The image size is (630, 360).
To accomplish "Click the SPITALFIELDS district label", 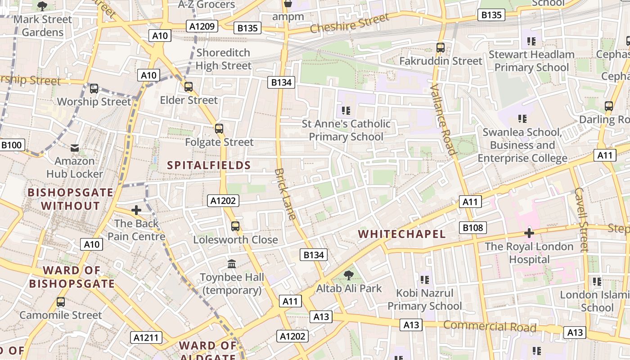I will pyautogui.click(x=209, y=165).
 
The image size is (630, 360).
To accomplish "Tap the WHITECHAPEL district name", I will pyautogui.click(x=402, y=234).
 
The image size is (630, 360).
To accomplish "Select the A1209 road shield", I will pyautogui.click(x=202, y=27).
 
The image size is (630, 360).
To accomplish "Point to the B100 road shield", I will pyautogui.click(x=12, y=145).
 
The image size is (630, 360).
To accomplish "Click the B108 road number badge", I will pyautogui.click(x=473, y=228).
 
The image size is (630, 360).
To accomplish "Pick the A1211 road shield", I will pyautogui.click(x=146, y=337).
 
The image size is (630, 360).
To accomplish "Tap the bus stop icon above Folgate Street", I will pyautogui.click(x=219, y=129).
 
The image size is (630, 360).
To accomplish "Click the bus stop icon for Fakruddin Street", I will pyautogui.click(x=441, y=47).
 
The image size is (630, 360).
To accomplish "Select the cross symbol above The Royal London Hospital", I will pyautogui.click(x=529, y=233).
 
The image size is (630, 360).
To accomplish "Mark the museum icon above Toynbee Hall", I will pyautogui.click(x=232, y=264).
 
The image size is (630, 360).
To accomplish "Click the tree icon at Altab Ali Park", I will pyautogui.click(x=348, y=275).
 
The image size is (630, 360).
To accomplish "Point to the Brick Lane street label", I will pyautogui.click(x=285, y=194).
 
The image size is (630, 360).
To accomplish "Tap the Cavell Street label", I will pyautogui.click(x=581, y=219).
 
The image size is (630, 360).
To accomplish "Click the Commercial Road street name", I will pyautogui.click(x=490, y=326).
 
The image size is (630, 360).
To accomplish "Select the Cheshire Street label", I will pyautogui.click(x=349, y=23).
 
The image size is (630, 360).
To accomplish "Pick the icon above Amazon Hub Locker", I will pyautogui.click(x=75, y=148).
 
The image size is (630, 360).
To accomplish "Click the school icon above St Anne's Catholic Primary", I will pyautogui.click(x=346, y=110).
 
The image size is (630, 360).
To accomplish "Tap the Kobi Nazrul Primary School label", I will pyautogui.click(x=424, y=300).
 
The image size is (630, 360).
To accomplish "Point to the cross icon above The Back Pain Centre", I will pyautogui.click(x=136, y=210).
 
